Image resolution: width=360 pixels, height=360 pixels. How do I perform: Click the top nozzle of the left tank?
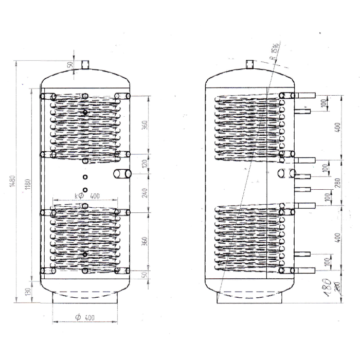click(x=85, y=65)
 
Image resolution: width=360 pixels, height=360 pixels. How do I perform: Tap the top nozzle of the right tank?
click(x=250, y=64)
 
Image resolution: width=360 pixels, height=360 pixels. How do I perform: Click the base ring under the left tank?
click(x=86, y=298)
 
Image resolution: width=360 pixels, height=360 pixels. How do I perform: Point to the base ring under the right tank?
click(x=250, y=298)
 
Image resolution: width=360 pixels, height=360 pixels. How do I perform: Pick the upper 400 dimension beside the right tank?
click(x=338, y=127)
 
